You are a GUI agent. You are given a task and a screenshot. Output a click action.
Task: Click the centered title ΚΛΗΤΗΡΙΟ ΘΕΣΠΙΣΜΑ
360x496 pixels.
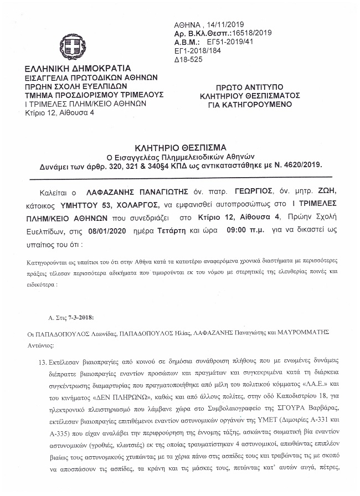pos(181,148)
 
